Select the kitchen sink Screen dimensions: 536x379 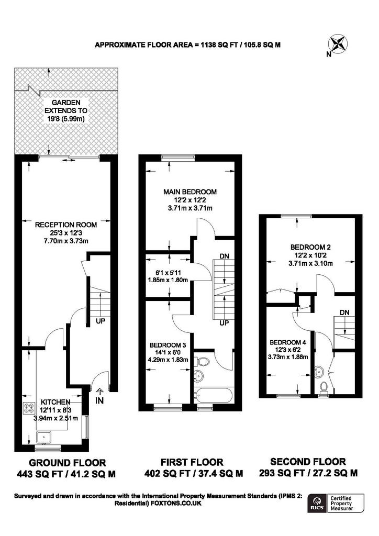(43, 435)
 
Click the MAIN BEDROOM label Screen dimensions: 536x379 (189, 192)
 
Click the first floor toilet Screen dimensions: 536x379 (203, 361)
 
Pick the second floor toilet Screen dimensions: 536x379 (325, 387)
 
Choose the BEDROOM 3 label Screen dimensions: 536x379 (168, 345)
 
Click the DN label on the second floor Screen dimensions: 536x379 (344, 312)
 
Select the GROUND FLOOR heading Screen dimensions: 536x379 (67, 462)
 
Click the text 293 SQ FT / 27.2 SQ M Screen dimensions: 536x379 (308, 473)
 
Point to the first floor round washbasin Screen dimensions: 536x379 (199, 375)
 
